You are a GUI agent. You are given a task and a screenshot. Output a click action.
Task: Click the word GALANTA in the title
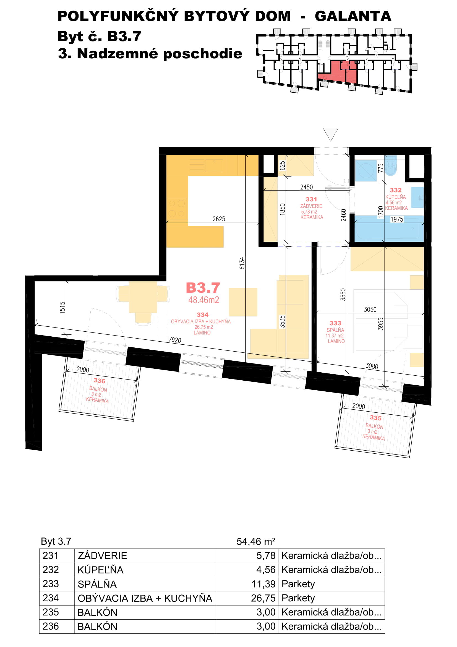pyautogui.click(x=353, y=16)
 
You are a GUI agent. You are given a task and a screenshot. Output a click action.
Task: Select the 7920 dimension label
pyautogui.click(x=175, y=340)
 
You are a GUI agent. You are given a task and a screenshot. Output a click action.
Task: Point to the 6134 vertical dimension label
pyautogui.click(x=242, y=263)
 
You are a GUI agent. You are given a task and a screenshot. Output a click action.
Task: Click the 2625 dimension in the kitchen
pyautogui.click(x=219, y=219)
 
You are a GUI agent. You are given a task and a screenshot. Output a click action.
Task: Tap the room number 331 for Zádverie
pyautogui.click(x=311, y=199)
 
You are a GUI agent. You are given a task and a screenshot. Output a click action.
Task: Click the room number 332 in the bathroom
pyautogui.click(x=396, y=190)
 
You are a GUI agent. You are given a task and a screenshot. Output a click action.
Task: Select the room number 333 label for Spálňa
pyautogui.click(x=335, y=323)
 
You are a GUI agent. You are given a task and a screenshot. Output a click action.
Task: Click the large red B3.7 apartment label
pyautogui.click(x=203, y=288)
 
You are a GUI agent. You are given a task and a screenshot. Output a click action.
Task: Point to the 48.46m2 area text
pyautogui.click(x=203, y=300)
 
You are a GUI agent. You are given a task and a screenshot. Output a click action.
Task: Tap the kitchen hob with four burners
pyautogui.click(x=177, y=208)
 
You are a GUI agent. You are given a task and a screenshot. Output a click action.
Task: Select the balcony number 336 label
pyautogui.click(x=100, y=381)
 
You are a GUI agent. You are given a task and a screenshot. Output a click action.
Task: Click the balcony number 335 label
pyautogui.click(x=376, y=418)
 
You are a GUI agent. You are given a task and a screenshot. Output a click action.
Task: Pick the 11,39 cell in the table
pyautogui.click(x=263, y=584)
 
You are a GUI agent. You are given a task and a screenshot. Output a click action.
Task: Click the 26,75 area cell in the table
pyautogui.click(x=263, y=598)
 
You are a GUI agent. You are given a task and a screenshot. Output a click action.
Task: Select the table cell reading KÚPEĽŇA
pyautogui.click(x=101, y=570)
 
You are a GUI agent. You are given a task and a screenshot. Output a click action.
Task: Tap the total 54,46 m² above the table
pyautogui.click(x=256, y=541)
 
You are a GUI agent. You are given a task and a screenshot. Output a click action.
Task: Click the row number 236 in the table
pyautogui.click(x=51, y=626)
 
